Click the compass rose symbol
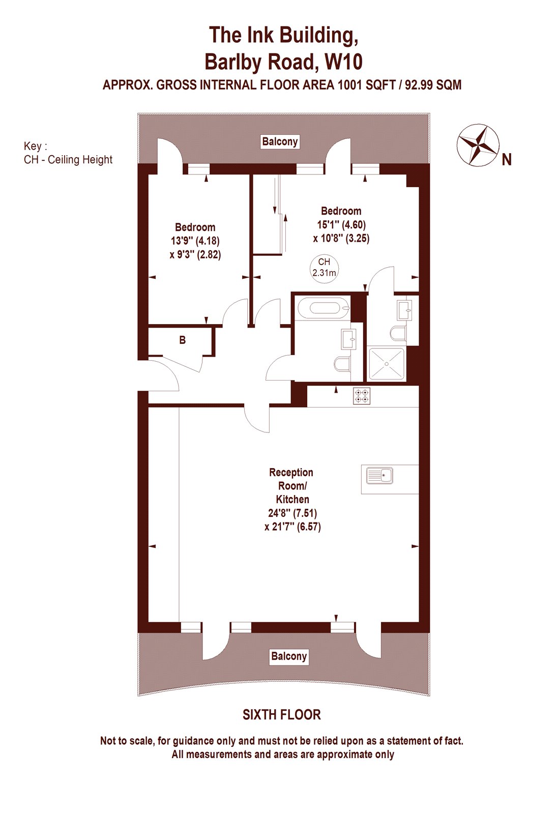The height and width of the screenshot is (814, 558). pyautogui.click(x=477, y=144)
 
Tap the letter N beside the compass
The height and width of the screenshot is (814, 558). pyautogui.click(x=507, y=160)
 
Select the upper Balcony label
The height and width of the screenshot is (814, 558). pyautogui.click(x=280, y=141)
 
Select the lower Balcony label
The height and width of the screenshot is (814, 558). pyautogui.click(x=289, y=656)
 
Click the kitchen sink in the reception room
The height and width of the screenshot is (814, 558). pyautogui.click(x=379, y=475)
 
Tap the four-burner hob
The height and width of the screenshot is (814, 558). pyautogui.click(x=362, y=396)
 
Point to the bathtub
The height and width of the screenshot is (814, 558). pyautogui.click(x=324, y=308)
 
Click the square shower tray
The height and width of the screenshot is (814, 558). pyautogui.click(x=387, y=364)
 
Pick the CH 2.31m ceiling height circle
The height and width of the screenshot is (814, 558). pyautogui.click(x=324, y=268)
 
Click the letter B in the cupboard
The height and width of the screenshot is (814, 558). pyautogui.click(x=183, y=340)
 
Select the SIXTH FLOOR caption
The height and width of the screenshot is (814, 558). pyautogui.click(x=281, y=715)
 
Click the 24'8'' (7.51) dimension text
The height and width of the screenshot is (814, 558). pyautogui.click(x=292, y=513)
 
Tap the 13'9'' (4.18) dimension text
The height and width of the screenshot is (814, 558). pyautogui.click(x=195, y=241)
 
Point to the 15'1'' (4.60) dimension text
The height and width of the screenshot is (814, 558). pyautogui.click(x=341, y=224)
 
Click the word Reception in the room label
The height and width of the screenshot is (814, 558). pyautogui.click(x=291, y=473)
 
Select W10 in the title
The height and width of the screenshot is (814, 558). pyautogui.click(x=343, y=62)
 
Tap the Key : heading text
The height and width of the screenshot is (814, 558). pyautogui.click(x=35, y=146)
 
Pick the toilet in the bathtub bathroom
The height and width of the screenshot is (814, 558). pyautogui.click(x=342, y=364)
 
